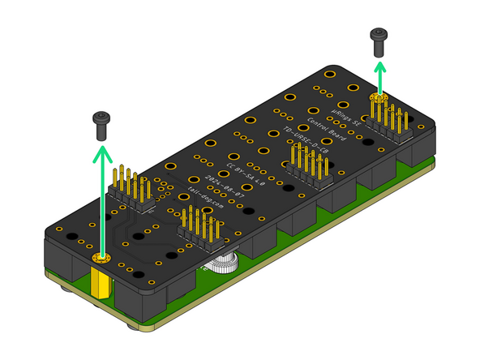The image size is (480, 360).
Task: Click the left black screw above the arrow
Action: (101, 122)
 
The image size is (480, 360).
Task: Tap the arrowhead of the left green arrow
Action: (101, 152)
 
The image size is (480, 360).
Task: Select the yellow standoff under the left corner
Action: (102, 282)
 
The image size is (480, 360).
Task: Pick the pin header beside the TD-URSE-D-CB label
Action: (308, 167)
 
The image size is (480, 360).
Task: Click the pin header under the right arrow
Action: (390, 122)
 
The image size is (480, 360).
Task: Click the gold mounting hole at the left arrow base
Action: (101, 258)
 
